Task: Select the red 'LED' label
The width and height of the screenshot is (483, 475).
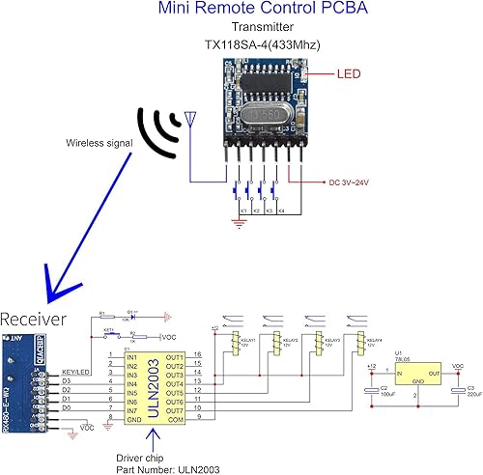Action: tap(350, 73)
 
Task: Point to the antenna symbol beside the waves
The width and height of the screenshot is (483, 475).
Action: tap(189, 123)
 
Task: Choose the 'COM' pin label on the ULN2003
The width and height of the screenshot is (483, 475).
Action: tap(175, 421)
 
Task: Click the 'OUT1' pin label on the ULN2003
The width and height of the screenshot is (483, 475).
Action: tap(174, 357)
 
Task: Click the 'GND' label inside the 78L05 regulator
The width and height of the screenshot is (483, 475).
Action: tap(407, 382)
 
